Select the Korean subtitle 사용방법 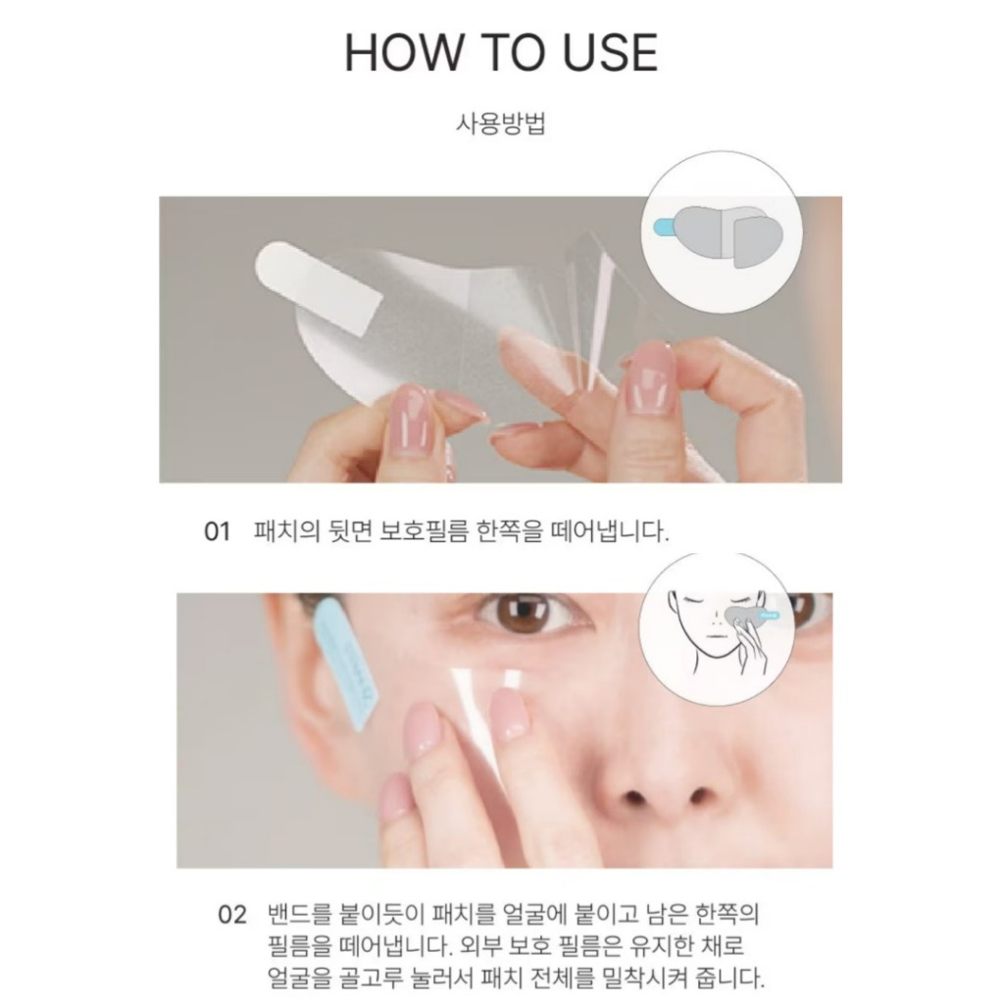coord(501,123)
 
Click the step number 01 coord(217,531)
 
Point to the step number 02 coord(231,915)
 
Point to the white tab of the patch coord(319,289)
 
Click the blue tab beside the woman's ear coord(347,663)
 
